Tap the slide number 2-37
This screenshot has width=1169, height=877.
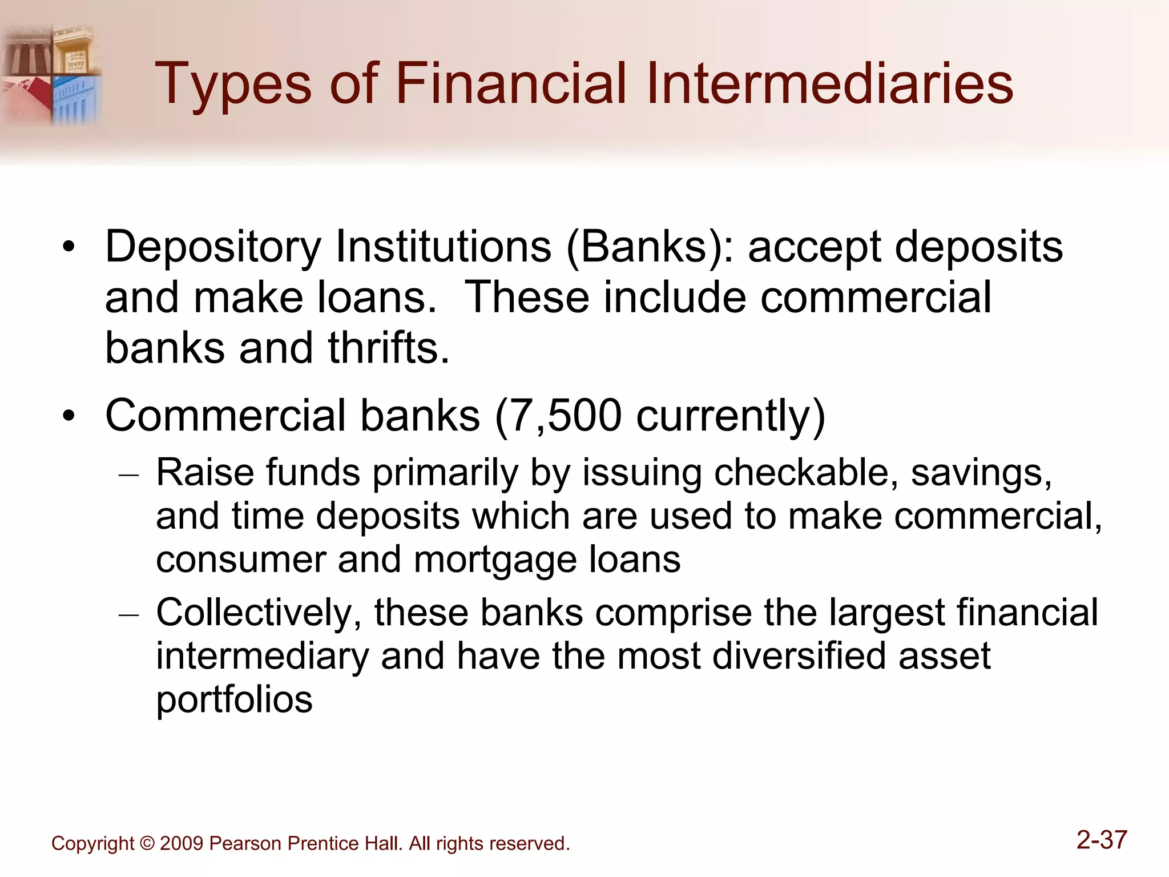click(x=1102, y=840)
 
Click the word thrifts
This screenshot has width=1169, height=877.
click(x=388, y=348)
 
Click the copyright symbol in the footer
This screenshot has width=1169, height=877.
click(x=147, y=844)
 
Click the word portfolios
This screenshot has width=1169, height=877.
click(x=234, y=700)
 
